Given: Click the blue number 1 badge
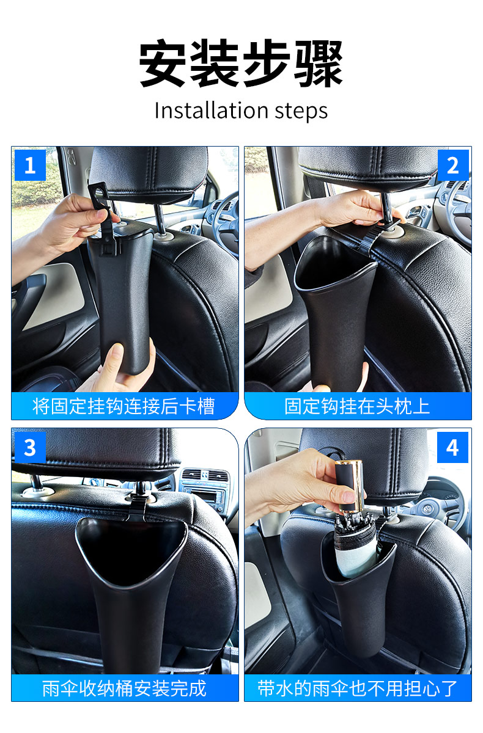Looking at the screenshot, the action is (x=30, y=166).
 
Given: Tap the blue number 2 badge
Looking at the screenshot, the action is (x=453, y=166).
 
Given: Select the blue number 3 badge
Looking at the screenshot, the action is (x=30, y=447).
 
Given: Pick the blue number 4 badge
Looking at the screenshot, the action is (x=452, y=447).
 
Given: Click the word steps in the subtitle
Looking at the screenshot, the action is (x=301, y=112).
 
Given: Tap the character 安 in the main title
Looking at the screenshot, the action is (x=163, y=63).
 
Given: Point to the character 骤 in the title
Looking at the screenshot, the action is (x=319, y=63).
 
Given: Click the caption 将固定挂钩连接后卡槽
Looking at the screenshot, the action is (x=124, y=406).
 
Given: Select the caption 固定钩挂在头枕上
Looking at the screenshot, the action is (x=357, y=406).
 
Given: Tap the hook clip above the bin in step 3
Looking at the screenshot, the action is (x=137, y=506).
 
